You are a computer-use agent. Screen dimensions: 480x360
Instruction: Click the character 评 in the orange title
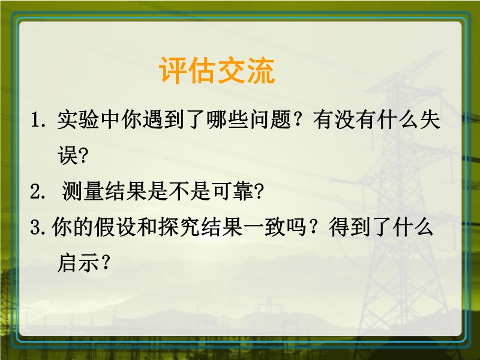click(x=173, y=70)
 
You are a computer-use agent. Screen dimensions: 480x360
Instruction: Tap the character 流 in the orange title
click(x=260, y=70)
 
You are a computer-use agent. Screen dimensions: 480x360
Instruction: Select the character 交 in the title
click(x=232, y=70)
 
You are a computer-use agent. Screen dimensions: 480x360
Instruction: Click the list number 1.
click(x=37, y=121)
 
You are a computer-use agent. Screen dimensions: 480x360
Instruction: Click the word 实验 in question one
click(x=78, y=119)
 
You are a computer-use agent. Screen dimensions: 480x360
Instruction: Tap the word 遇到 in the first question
click(x=163, y=119)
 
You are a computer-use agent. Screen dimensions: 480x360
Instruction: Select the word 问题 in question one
click(x=270, y=119)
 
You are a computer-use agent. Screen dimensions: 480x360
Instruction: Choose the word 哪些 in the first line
click(x=227, y=119)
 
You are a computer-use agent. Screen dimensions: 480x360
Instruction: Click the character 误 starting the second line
click(x=67, y=155)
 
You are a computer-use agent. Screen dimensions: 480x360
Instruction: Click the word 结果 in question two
click(x=125, y=191)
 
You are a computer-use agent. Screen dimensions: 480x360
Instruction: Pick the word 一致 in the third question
click(x=265, y=228)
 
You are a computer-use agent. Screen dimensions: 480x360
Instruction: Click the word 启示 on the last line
click(x=78, y=263)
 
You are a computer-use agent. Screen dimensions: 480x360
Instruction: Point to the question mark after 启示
click(x=105, y=263)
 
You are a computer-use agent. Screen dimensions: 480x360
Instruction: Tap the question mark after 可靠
click(x=259, y=192)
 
